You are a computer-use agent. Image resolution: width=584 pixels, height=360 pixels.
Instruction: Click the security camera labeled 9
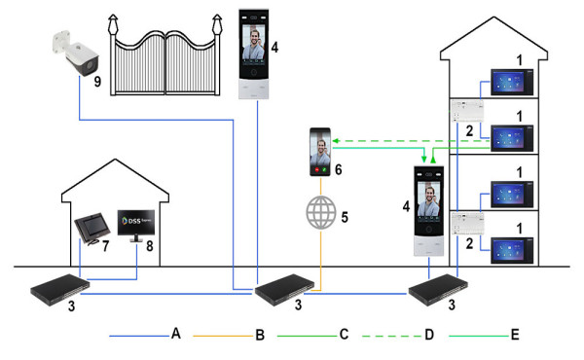(x=76, y=54)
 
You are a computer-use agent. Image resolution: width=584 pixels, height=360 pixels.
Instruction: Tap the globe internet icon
(x=321, y=212)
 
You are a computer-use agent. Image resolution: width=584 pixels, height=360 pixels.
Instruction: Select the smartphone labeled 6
(x=320, y=152)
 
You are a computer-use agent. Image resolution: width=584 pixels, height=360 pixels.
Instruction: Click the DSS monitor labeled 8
(x=136, y=226)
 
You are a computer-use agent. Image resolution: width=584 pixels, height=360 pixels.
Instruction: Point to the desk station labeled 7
(x=92, y=229)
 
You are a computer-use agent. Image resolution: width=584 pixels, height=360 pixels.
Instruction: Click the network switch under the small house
(x=60, y=289)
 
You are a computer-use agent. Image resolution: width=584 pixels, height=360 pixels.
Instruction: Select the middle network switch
(x=285, y=289)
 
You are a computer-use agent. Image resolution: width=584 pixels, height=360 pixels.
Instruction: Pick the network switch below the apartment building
(x=438, y=289)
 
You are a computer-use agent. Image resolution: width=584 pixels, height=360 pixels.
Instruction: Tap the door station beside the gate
(x=254, y=54)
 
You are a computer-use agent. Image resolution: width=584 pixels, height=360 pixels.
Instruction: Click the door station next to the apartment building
(x=428, y=211)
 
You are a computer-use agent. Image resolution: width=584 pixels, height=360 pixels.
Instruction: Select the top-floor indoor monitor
(x=512, y=82)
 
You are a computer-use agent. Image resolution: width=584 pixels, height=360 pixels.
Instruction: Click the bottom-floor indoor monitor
(x=512, y=251)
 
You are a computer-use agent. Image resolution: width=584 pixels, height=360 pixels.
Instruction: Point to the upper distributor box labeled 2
(x=467, y=111)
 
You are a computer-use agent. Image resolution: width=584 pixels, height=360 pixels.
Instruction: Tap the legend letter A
(x=176, y=333)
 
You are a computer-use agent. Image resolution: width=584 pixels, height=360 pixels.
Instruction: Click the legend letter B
(x=260, y=335)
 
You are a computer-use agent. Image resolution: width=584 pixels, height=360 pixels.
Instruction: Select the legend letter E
(x=515, y=335)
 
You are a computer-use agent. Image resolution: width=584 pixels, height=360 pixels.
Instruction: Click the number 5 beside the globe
(x=345, y=217)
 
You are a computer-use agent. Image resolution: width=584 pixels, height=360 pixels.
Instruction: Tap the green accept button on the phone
(x=324, y=169)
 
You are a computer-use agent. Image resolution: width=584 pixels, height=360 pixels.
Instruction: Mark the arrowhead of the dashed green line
(x=335, y=141)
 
